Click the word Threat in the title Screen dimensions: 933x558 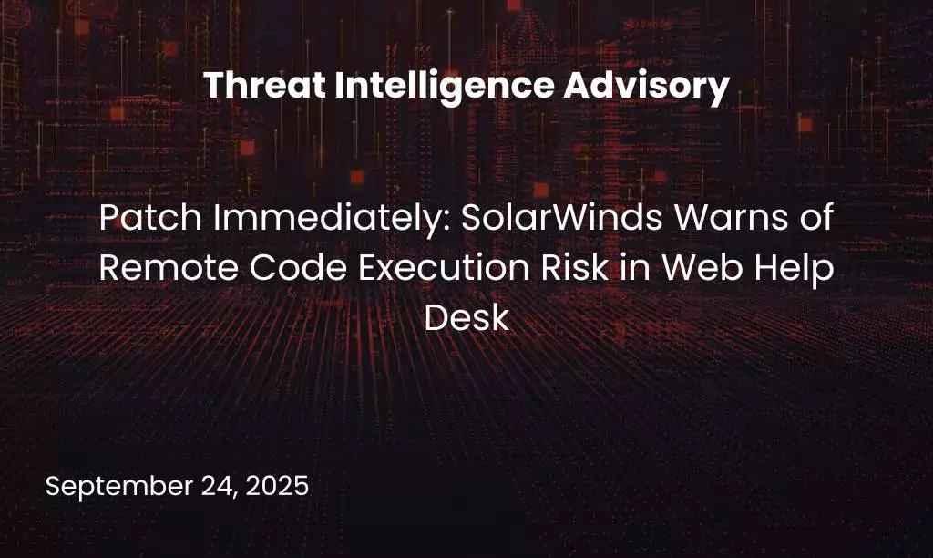point(265,85)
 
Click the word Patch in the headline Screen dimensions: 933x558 point(151,217)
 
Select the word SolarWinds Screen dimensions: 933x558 point(561,217)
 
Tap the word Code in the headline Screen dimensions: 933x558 point(298,267)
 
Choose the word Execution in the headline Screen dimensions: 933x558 point(444,267)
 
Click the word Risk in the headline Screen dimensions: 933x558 point(575,267)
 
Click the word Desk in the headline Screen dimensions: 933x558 point(466,317)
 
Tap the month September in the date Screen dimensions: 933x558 point(119,487)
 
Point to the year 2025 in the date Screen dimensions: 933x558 point(277,485)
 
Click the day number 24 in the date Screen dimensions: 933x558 point(220,487)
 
